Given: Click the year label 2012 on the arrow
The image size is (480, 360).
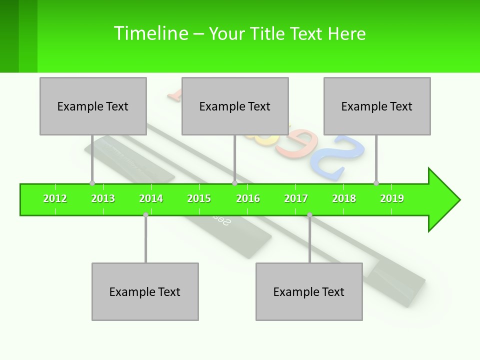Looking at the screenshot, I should pyautogui.click(x=55, y=198).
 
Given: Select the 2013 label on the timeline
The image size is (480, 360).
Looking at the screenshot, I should pyautogui.click(x=103, y=198).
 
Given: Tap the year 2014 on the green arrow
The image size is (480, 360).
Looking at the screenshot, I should pyautogui.click(x=151, y=198).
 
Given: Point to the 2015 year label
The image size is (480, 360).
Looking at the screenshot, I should pyautogui.click(x=199, y=198).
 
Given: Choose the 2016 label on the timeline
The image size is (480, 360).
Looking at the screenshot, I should pyautogui.click(x=248, y=198).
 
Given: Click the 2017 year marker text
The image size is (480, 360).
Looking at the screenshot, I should pyautogui.click(x=296, y=198).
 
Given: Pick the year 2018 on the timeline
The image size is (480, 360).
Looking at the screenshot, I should pyautogui.click(x=344, y=198).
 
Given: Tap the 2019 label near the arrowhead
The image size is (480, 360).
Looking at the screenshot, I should pyautogui.click(x=392, y=198).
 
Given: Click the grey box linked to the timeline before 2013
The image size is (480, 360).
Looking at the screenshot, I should pyautogui.click(x=93, y=106).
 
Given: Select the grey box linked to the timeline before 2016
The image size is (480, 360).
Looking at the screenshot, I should pyautogui.click(x=235, y=106).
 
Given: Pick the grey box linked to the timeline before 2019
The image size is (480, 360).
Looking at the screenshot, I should pyautogui.click(x=377, y=106).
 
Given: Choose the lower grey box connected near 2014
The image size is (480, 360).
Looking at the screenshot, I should pyautogui.click(x=145, y=291).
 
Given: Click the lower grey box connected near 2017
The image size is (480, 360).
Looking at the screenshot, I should pyautogui.click(x=309, y=291).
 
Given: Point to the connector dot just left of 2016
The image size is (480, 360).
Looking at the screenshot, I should pyautogui.click(x=234, y=183).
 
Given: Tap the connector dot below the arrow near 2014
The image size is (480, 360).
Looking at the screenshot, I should pyautogui.click(x=145, y=215).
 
